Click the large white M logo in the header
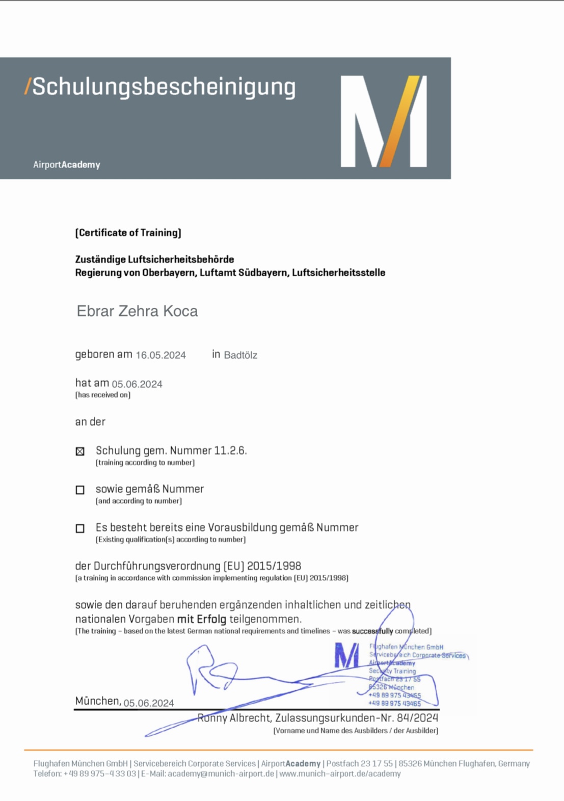point(383,121)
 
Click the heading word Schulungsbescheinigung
point(164,87)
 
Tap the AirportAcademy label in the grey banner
point(67,165)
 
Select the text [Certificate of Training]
point(128,233)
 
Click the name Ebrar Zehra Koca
point(137,311)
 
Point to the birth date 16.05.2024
point(160,355)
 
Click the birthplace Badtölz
point(240,355)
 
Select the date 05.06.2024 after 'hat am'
point(137,384)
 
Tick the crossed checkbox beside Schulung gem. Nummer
point(80,451)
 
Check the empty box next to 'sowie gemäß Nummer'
point(80,490)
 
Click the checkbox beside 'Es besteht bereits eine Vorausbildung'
point(80,528)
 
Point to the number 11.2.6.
point(230,450)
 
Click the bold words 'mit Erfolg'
point(201,619)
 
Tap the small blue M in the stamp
point(346,655)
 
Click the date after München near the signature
point(149,703)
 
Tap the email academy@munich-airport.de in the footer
point(221,773)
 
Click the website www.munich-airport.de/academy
point(340,773)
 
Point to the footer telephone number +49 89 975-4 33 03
point(100,773)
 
